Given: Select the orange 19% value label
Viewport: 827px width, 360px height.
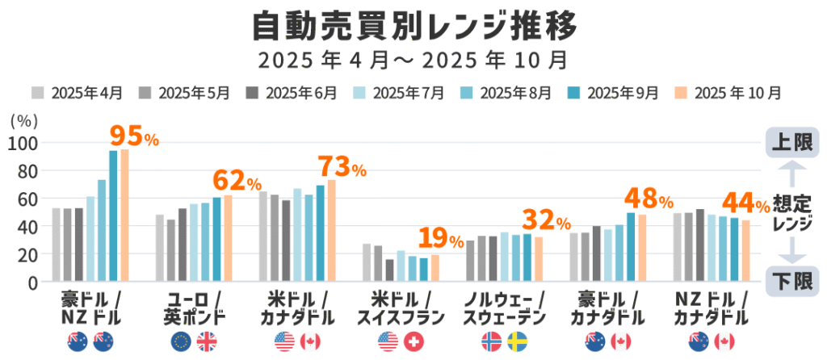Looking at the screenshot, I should coord(440,239).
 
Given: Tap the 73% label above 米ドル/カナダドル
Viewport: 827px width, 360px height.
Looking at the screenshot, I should coord(342,167).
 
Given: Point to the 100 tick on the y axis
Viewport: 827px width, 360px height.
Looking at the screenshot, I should coord(23,144).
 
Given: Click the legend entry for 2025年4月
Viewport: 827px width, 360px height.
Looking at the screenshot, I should coord(78,93).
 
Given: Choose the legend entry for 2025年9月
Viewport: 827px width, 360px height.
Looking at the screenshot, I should coord(614,93).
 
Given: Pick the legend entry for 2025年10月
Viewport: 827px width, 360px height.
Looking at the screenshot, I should coord(726,93).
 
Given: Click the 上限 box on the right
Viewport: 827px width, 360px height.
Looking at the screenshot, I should coord(791,143).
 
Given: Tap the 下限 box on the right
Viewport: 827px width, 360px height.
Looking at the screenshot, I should coord(791,281).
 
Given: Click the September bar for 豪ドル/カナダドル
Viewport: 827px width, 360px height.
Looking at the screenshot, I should coord(631,247).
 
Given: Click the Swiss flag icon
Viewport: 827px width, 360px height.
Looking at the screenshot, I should coord(413,342).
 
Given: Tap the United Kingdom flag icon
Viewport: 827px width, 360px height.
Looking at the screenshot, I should coord(207,342).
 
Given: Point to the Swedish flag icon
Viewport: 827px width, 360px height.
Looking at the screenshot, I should coord(517,342).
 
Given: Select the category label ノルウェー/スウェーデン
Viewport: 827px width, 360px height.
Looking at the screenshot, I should coord(504,306).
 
